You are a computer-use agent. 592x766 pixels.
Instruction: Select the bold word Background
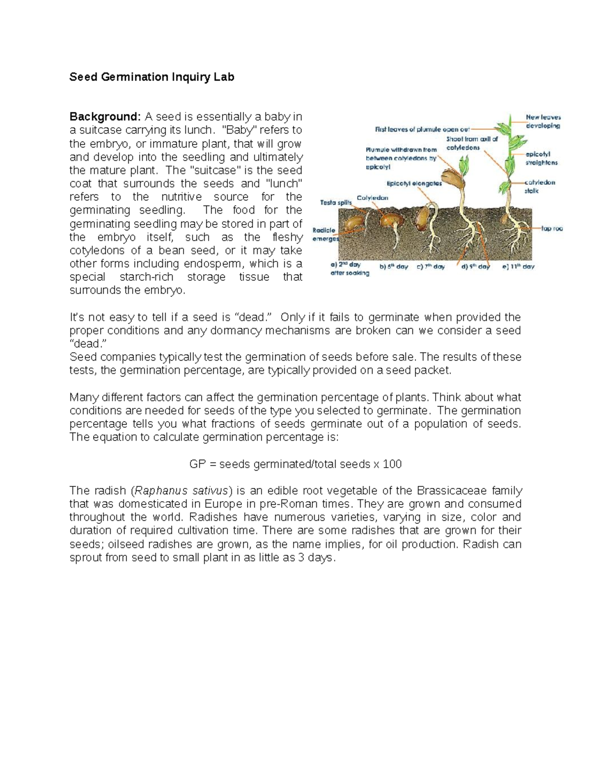coord(105,117)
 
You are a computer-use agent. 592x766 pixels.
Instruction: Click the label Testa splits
coord(336,202)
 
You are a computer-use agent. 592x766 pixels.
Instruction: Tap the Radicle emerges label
coord(326,234)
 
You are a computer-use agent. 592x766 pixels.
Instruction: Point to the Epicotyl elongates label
coord(414,183)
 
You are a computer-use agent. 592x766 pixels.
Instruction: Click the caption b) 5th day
coord(393,266)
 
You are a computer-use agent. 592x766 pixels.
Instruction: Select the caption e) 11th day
coord(518,266)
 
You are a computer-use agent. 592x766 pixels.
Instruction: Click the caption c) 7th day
coord(430,266)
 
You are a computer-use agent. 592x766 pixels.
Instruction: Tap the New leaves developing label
coord(543,121)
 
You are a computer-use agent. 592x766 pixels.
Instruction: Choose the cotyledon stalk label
coord(539,186)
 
